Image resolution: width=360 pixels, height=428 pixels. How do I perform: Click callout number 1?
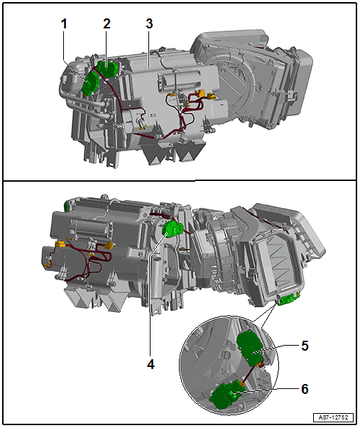coord(64,24)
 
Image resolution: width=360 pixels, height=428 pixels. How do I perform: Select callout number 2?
coord(107,24)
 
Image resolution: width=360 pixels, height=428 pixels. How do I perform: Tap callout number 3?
coord(149,24)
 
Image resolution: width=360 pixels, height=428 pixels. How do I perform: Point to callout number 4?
coord(151,364)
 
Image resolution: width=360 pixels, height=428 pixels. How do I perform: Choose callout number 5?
coord(305,346)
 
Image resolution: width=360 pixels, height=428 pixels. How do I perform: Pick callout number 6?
coord(305,389)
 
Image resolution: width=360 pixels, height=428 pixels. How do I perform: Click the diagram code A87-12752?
coord(333,417)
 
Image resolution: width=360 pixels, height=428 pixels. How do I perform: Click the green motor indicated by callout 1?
coord(91,84)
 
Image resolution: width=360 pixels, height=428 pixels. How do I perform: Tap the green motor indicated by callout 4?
coord(173,229)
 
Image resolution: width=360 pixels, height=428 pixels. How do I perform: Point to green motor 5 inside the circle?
coord(249,346)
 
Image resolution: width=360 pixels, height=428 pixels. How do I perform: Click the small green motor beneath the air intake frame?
coord(288,300)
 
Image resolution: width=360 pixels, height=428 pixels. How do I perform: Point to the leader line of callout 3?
coord(149,48)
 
